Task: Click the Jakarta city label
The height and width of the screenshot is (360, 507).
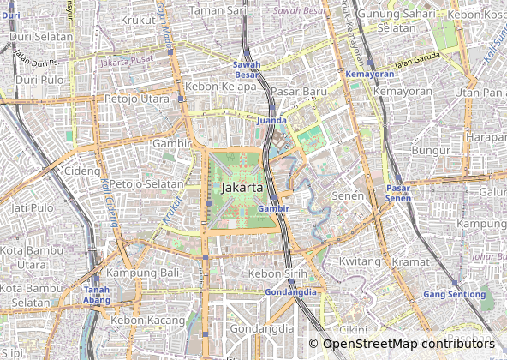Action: click(x=242, y=186)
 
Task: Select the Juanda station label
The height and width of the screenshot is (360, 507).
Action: click(x=271, y=121)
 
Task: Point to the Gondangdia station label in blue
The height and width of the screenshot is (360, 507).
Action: click(x=290, y=291)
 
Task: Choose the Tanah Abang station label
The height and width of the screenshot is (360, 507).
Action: click(x=96, y=294)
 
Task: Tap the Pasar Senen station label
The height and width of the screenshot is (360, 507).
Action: click(x=397, y=193)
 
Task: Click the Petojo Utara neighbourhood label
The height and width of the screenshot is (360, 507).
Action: click(x=138, y=99)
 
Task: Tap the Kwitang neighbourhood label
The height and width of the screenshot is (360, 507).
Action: click(x=360, y=261)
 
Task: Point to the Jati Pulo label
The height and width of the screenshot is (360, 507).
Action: click(x=33, y=207)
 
